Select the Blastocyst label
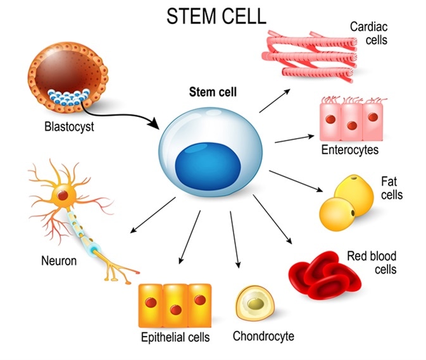click(x=69, y=127)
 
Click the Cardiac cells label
click(x=369, y=33)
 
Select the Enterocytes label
click(x=349, y=151)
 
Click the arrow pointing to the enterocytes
click(x=294, y=137)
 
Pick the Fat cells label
click(x=391, y=188)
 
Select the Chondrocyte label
click(x=263, y=336)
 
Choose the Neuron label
click(x=59, y=260)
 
